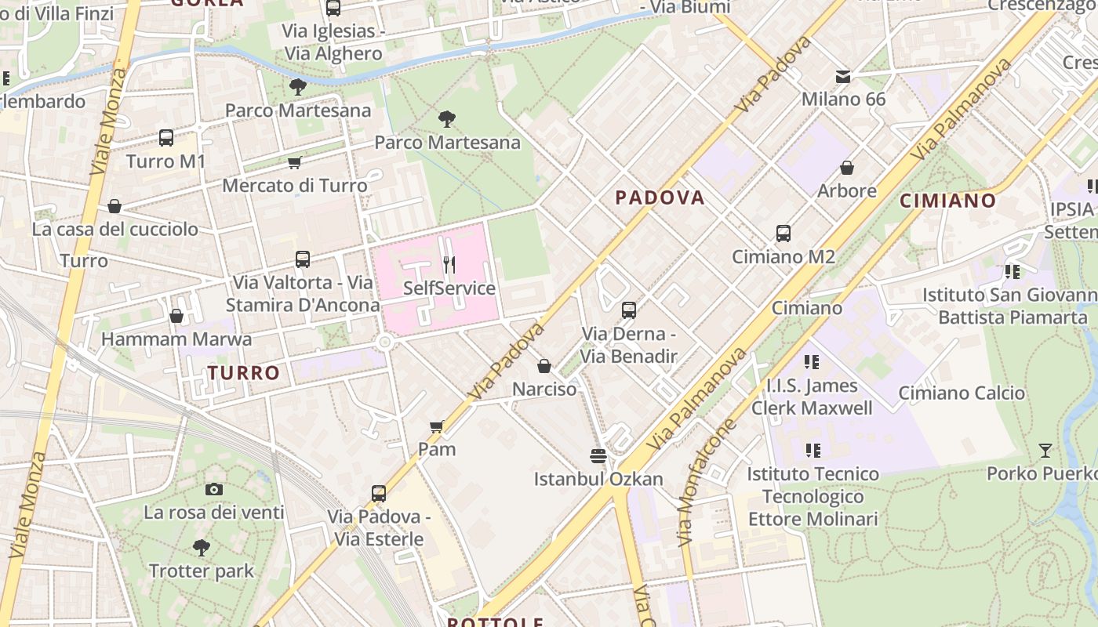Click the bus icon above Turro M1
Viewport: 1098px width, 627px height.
(166, 138)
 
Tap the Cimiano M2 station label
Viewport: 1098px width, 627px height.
(783, 256)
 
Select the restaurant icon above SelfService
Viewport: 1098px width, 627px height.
(449, 264)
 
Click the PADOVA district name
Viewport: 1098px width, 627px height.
(660, 198)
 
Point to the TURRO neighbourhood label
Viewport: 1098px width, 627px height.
(244, 373)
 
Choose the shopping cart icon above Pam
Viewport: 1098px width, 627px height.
(437, 426)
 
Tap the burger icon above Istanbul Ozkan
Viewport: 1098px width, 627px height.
(598, 455)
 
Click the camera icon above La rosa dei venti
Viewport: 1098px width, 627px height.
(213, 490)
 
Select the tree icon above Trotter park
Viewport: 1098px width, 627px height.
(202, 547)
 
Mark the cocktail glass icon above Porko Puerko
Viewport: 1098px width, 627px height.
(1045, 451)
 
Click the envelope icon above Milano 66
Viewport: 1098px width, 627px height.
(843, 76)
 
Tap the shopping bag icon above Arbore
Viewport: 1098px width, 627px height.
(847, 168)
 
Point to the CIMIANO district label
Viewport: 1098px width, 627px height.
(947, 201)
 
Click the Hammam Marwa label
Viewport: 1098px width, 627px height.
(176, 339)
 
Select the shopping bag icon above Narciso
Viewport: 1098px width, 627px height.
(544, 366)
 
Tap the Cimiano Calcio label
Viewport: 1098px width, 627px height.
(962, 393)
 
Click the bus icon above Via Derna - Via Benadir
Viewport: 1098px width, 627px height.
(629, 310)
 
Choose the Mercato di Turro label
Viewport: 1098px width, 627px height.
(295, 186)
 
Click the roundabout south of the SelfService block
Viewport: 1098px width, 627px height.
(384, 342)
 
